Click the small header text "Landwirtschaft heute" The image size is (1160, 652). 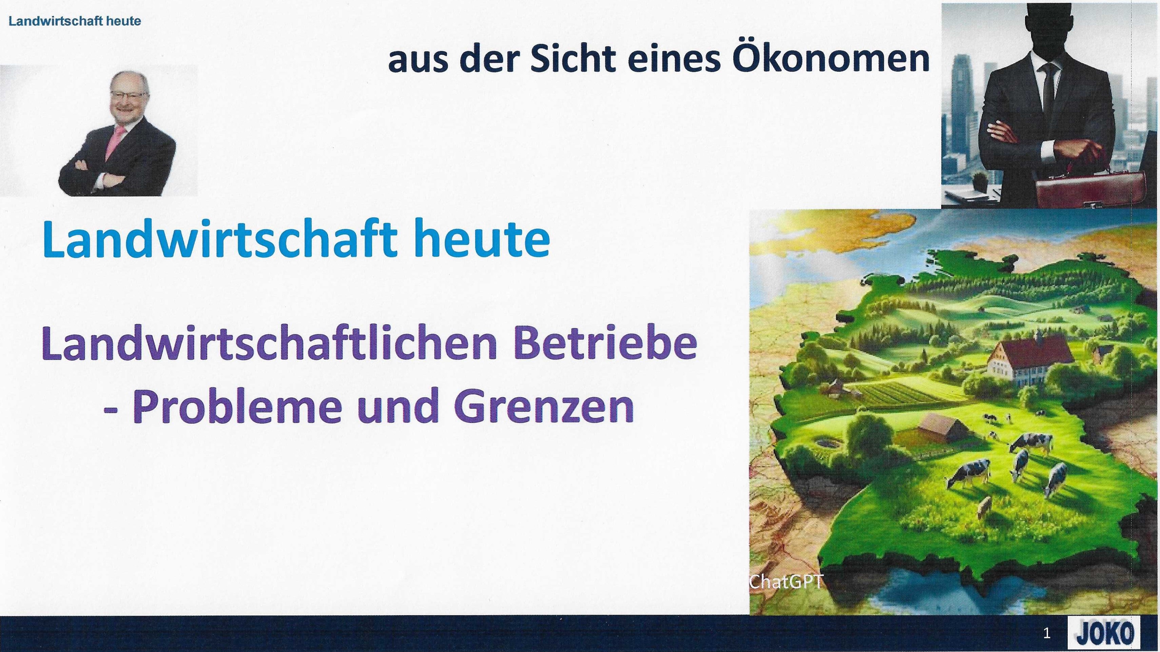point(75,22)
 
